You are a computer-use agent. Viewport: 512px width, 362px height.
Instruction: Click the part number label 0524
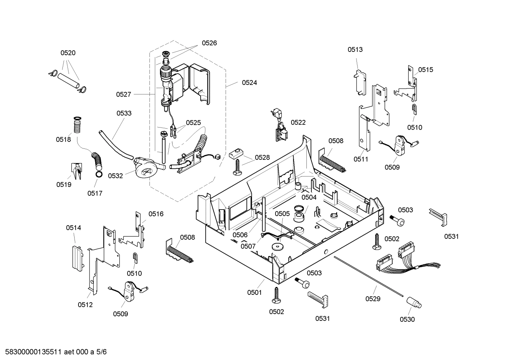coord(249,82)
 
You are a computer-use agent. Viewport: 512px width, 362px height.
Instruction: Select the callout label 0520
coord(68,53)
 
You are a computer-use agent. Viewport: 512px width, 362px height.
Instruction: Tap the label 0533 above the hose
coord(124,113)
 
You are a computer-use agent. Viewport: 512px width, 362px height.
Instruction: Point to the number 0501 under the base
coord(254,293)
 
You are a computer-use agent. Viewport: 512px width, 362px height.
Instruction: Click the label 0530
coord(407,319)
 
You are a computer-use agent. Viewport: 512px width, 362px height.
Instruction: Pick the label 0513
coord(355,49)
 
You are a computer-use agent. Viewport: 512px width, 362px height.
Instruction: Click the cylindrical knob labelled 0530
coord(414,303)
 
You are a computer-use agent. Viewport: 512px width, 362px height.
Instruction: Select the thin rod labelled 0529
coord(369,276)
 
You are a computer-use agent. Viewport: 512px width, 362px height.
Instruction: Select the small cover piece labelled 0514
coord(77,256)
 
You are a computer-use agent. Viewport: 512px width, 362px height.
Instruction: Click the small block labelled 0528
coord(236,153)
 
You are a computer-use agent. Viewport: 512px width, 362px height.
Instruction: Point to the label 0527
coord(124,94)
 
